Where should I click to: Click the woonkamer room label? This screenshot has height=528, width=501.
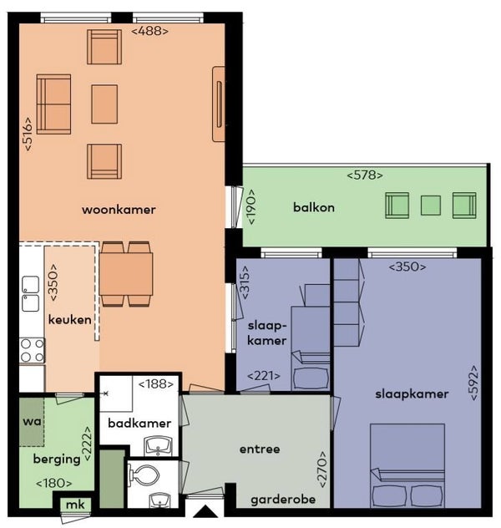tap(119, 210)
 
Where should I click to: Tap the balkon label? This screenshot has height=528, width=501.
tap(314, 207)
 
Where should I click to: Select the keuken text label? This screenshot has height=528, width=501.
tap(69, 320)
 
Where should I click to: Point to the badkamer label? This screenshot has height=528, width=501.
tap(139, 424)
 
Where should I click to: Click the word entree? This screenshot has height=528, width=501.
tap(260, 449)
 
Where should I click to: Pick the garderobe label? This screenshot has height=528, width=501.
tap(283, 500)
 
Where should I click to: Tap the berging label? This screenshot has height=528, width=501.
tap(57, 459)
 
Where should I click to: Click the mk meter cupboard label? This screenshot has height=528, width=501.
tap(75, 505)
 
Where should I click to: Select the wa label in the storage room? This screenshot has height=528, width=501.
tap(32, 421)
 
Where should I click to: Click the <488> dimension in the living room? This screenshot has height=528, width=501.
tap(149, 31)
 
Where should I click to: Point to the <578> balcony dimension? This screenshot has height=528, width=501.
tap(365, 175)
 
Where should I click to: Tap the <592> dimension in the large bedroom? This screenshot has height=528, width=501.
tap(473, 383)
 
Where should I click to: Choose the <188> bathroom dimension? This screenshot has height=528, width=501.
tap(156, 383)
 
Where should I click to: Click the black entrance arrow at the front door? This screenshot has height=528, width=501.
tap(205, 512)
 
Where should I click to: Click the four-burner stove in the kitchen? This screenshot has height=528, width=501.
tap(32, 351)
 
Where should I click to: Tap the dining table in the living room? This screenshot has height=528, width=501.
tap(126, 274)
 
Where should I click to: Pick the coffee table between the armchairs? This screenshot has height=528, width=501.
tap(104, 104)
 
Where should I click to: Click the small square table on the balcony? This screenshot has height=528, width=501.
tap(431, 206)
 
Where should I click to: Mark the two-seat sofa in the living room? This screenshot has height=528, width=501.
tap(53, 104)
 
